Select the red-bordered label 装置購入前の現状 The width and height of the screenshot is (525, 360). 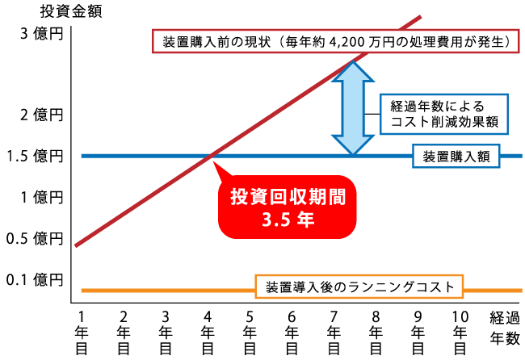tap(335, 40)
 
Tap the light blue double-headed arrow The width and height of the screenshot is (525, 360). tap(353, 108)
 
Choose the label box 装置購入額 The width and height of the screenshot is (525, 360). tap(456, 156)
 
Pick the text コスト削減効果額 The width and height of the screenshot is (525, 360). tap(443, 123)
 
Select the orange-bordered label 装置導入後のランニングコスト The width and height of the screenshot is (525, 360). tap(359, 287)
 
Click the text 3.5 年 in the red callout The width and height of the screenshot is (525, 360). tap(288, 218)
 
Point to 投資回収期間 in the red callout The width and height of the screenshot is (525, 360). tap(288, 197)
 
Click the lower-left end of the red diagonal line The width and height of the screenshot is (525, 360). tap(75, 245)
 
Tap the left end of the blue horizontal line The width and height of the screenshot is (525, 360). tap(82, 155)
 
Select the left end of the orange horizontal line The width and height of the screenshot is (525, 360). tap(82, 290)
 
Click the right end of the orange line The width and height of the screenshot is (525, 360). tap(522, 290)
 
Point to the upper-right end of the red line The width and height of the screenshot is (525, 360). tap(421, 15)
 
